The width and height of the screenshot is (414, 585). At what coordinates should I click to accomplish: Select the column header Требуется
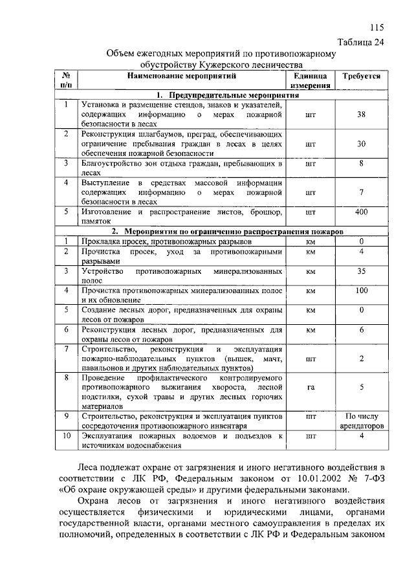click(362, 76)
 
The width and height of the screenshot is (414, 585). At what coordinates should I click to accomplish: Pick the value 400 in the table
click(362, 212)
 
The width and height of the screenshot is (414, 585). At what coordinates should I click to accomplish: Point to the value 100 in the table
click(362, 291)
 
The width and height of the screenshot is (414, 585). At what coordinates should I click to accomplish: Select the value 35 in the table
click(362, 271)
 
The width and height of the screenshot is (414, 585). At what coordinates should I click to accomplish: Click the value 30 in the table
click(362, 144)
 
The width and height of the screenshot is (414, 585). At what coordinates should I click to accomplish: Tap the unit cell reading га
click(310, 388)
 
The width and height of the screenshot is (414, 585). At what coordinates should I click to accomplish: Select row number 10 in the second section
click(66, 436)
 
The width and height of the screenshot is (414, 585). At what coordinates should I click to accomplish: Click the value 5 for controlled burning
click(362, 388)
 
